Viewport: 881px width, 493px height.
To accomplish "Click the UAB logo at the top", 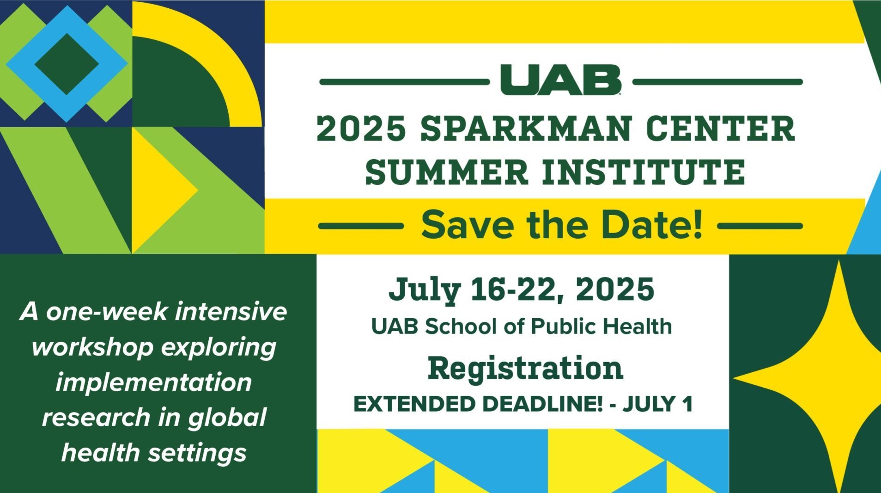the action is (560, 80).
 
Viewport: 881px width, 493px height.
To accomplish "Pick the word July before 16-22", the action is (425, 290).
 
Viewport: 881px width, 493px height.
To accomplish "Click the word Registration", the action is (525, 369).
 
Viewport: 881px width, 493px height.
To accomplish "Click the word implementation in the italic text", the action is (154, 383).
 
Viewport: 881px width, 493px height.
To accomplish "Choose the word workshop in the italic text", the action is (92, 348).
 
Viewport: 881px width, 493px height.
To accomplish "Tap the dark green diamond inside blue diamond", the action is (67, 63).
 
